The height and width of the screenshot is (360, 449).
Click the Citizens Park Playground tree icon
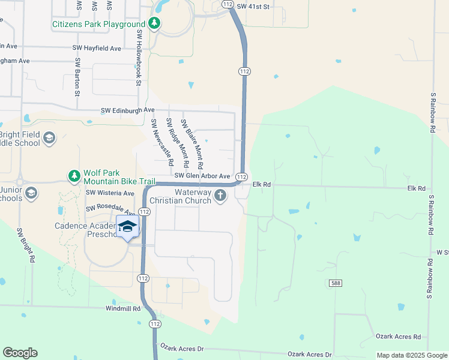click(x=155, y=24)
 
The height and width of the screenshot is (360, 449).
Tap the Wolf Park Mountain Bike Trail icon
click(x=74, y=176)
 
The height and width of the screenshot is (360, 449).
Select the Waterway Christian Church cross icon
click(x=221, y=196)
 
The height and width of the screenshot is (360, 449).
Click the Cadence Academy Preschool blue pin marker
click(x=127, y=227)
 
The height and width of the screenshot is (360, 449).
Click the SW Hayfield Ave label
click(x=97, y=48)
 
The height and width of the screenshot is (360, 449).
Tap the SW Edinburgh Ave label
click(x=127, y=110)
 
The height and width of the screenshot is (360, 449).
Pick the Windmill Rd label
click(x=122, y=308)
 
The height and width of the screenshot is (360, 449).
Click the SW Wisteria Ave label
click(x=110, y=193)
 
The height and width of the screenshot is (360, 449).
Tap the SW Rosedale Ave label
click(x=110, y=208)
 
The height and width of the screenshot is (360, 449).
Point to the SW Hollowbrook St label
click(x=138, y=58)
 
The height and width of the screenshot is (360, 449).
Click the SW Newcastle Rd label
click(x=163, y=143)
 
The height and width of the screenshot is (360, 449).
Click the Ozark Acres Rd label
click(x=398, y=337)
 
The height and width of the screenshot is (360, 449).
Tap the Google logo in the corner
click(x=20, y=353)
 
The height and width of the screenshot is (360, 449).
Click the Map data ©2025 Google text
click(x=411, y=356)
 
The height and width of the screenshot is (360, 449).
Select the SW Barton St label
click(x=77, y=77)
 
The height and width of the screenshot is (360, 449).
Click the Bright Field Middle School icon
click(x=49, y=139)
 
